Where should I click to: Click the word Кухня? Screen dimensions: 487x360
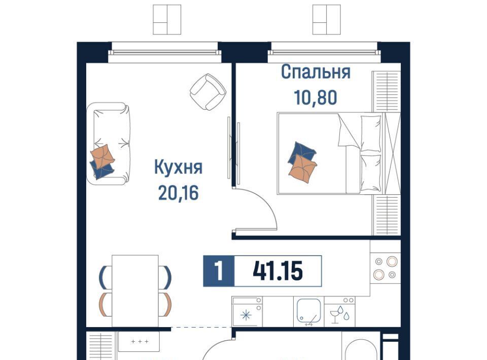pos(178,168)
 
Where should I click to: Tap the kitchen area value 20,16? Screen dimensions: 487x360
pos(178,193)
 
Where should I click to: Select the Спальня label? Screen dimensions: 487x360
pos(316,73)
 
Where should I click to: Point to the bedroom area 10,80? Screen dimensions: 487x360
pos(315,97)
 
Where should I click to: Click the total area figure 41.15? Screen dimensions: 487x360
pos(277,271)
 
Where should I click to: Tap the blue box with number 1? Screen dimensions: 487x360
pos(219,271)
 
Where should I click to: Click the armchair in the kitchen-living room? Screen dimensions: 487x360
pos(208,92)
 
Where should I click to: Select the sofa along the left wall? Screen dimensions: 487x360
pos(108,143)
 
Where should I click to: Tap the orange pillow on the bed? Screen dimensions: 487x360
pos(302,168)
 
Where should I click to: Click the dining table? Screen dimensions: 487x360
pos(135,291)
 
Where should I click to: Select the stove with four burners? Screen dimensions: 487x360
pos(385,268)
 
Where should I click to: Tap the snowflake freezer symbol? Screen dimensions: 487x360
pos(246,315)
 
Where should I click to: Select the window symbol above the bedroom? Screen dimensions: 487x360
pos(326,20)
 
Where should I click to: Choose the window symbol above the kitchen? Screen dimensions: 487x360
pos(167,20)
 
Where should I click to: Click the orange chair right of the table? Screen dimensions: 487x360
pos(167,304)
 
